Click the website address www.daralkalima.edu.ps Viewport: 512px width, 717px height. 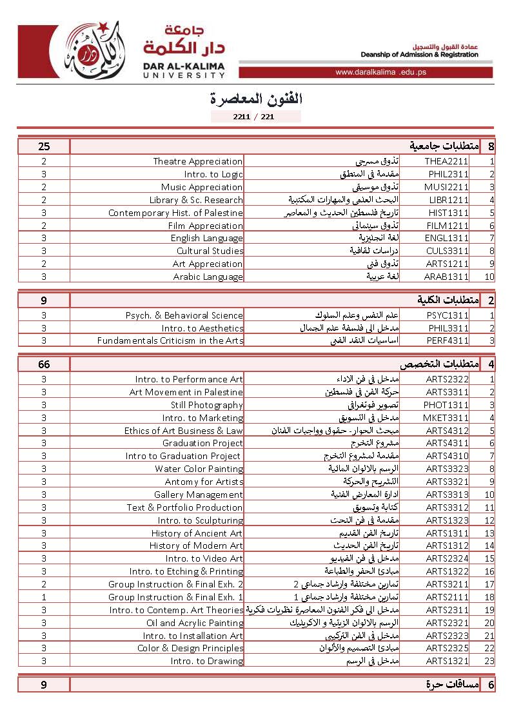click(380, 72)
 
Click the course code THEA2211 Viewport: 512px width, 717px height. click(446, 162)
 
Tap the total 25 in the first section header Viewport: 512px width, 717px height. click(44, 146)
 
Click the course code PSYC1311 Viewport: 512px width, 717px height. click(448, 315)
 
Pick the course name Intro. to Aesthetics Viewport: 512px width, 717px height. click(202, 328)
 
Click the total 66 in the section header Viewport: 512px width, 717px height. click(44, 364)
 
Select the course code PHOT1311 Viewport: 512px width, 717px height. click(446, 405)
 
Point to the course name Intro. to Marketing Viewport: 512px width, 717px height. click(202, 418)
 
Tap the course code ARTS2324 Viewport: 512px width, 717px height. click(447, 558)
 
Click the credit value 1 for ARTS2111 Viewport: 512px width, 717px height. click(44, 597)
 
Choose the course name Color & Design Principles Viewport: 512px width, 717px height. click(190, 648)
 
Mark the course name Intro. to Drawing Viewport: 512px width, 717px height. click(207, 661)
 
